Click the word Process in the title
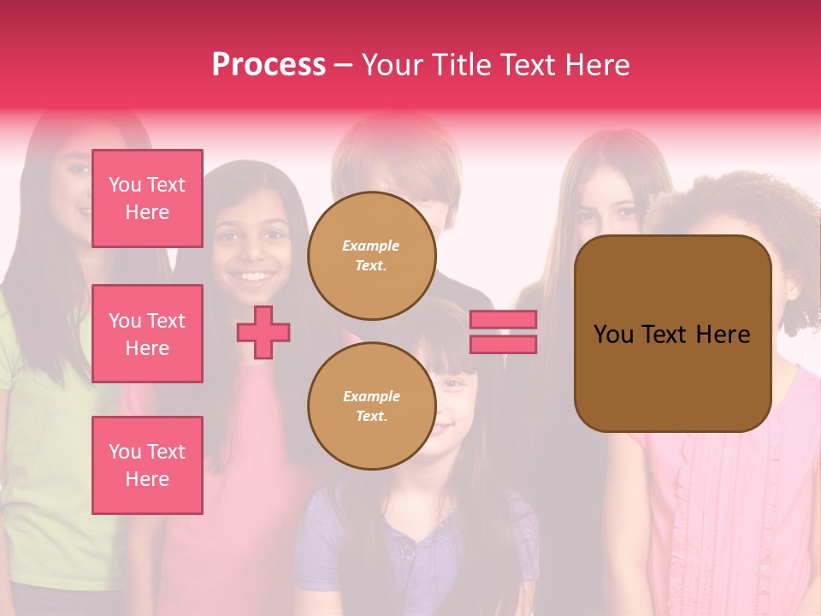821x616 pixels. pos(269,65)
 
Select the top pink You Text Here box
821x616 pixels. pos(147,198)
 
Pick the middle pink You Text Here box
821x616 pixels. pos(147,334)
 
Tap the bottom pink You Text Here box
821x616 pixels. pos(147,465)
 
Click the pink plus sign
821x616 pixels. pos(263,332)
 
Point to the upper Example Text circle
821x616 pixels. pos(372,256)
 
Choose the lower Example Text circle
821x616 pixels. pos(372,406)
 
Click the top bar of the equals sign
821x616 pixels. pos(503,319)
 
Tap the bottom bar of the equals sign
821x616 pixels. pos(503,344)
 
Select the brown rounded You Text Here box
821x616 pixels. pos(673,334)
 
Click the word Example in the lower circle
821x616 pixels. pos(371,396)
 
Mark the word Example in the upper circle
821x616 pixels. pos(371,246)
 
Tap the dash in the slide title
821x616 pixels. pos(344,65)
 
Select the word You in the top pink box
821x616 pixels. pos(125,185)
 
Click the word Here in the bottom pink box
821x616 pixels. pos(147,479)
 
